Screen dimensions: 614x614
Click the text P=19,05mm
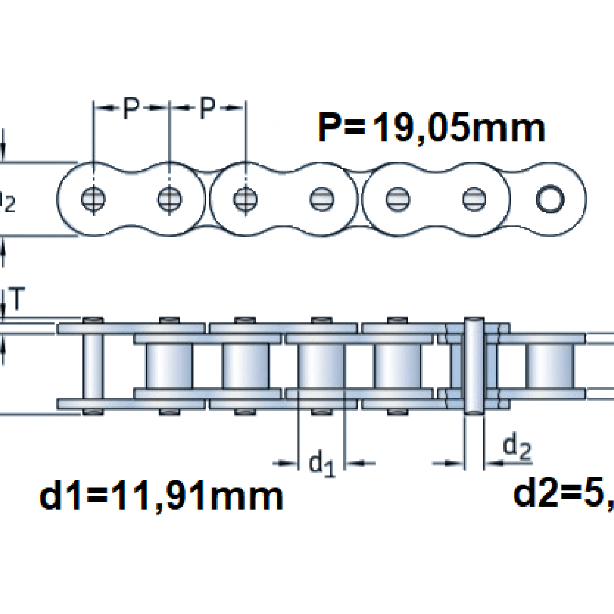[x=431, y=128]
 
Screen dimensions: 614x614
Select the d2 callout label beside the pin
[x=517, y=448]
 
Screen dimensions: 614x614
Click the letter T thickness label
[x=17, y=299]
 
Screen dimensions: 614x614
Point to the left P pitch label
[x=131, y=108]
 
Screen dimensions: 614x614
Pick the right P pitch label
[x=207, y=108]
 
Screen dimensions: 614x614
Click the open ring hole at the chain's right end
[x=550, y=199]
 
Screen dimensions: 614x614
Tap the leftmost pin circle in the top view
[x=93, y=199]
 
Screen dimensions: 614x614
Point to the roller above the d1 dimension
[x=321, y=365]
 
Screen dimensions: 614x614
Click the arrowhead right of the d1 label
[x=353, y=464]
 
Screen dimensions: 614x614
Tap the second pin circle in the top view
[x=169, y=199]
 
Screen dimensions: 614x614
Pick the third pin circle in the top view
[x=245, y=199]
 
